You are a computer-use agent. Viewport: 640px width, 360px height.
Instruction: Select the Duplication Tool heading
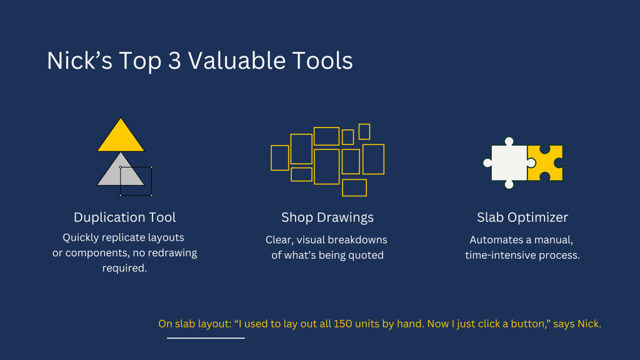(x=125, y=217)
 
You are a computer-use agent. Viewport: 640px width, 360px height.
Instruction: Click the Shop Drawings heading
(x=327, y=217)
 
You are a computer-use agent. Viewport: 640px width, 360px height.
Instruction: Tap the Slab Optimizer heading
(x=522, y=217)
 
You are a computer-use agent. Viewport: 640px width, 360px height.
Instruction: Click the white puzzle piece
(x=509, y=162)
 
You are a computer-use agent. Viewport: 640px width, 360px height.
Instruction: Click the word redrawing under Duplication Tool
(x=171, y=253)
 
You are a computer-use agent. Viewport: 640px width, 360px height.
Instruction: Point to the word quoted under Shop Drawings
(x=367, y=255)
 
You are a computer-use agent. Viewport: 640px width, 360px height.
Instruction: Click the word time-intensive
(x=501, y=255)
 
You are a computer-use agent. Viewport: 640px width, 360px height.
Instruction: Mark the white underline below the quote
(x=206, y=338)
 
